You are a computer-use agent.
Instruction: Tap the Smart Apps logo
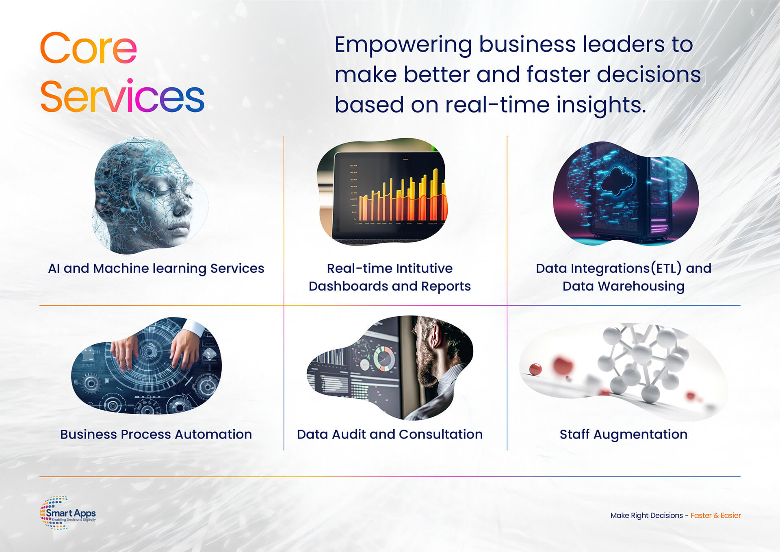[x=68, y=513]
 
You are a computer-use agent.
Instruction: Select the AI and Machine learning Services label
[x=156, y=269]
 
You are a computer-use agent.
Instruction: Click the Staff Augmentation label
[x=624, y=435]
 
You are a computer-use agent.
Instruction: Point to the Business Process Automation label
[x=156, y=434]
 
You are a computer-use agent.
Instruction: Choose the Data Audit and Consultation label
[x=390, y=434]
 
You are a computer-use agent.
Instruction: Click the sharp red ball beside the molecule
[x=535, y=369]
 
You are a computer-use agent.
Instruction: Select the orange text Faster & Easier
[x=715, y=515]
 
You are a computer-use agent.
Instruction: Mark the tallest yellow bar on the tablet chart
[x=435, y=194]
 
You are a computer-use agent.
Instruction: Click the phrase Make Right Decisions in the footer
[x=647, y=515]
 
